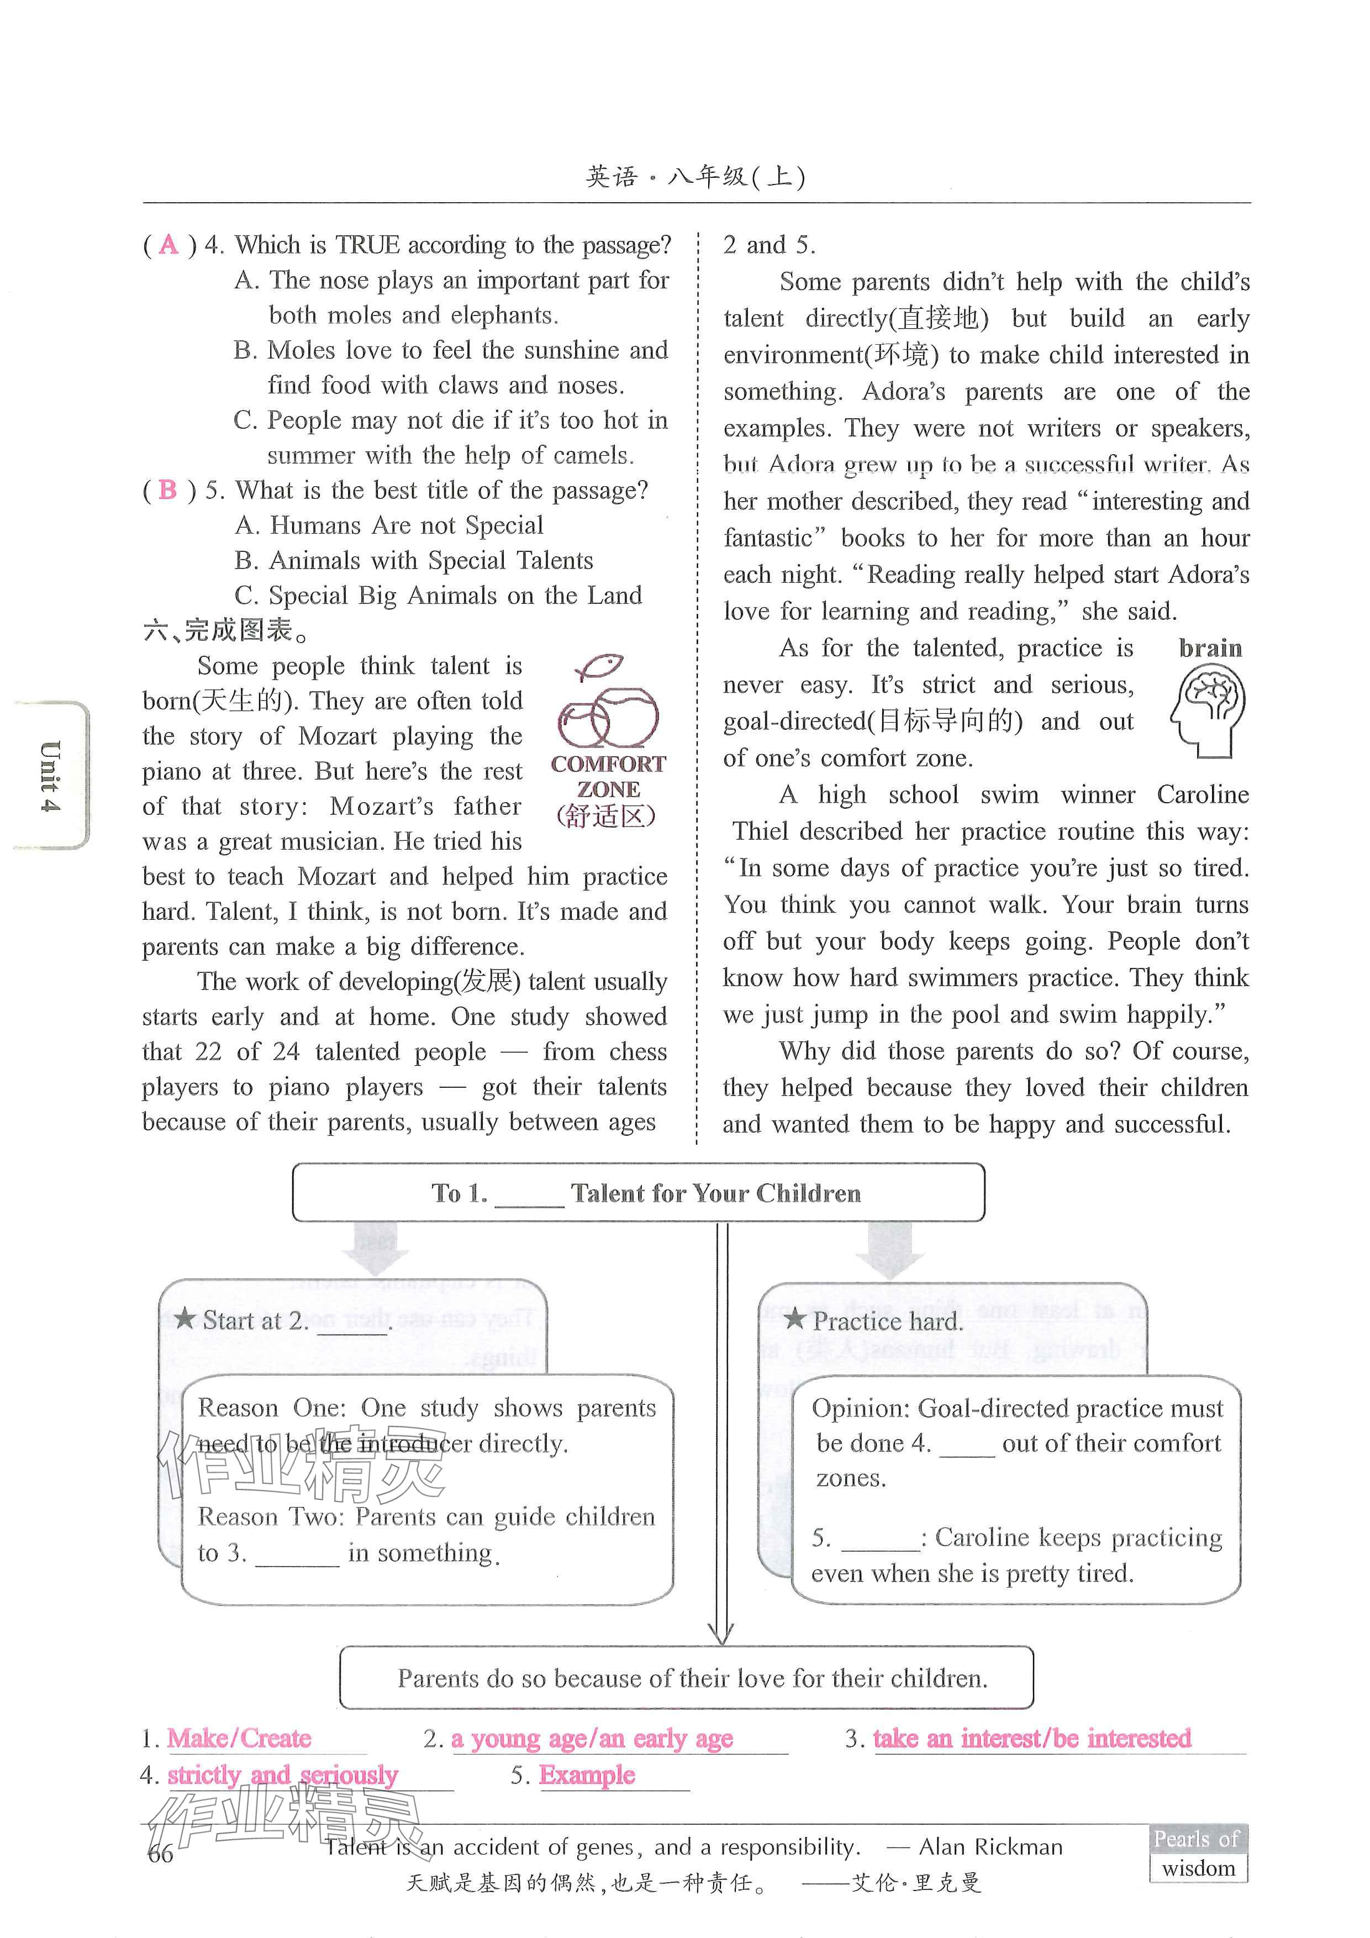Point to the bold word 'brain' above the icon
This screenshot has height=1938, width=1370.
click(x=1210, y=648)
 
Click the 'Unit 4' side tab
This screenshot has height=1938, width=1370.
click(x=51, y=775)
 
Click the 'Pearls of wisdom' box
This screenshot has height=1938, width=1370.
click(x=1198, y=1853)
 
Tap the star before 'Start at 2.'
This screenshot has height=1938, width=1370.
click(x=185, y=1319)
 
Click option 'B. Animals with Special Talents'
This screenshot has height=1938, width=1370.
click(x=414, y=561)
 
